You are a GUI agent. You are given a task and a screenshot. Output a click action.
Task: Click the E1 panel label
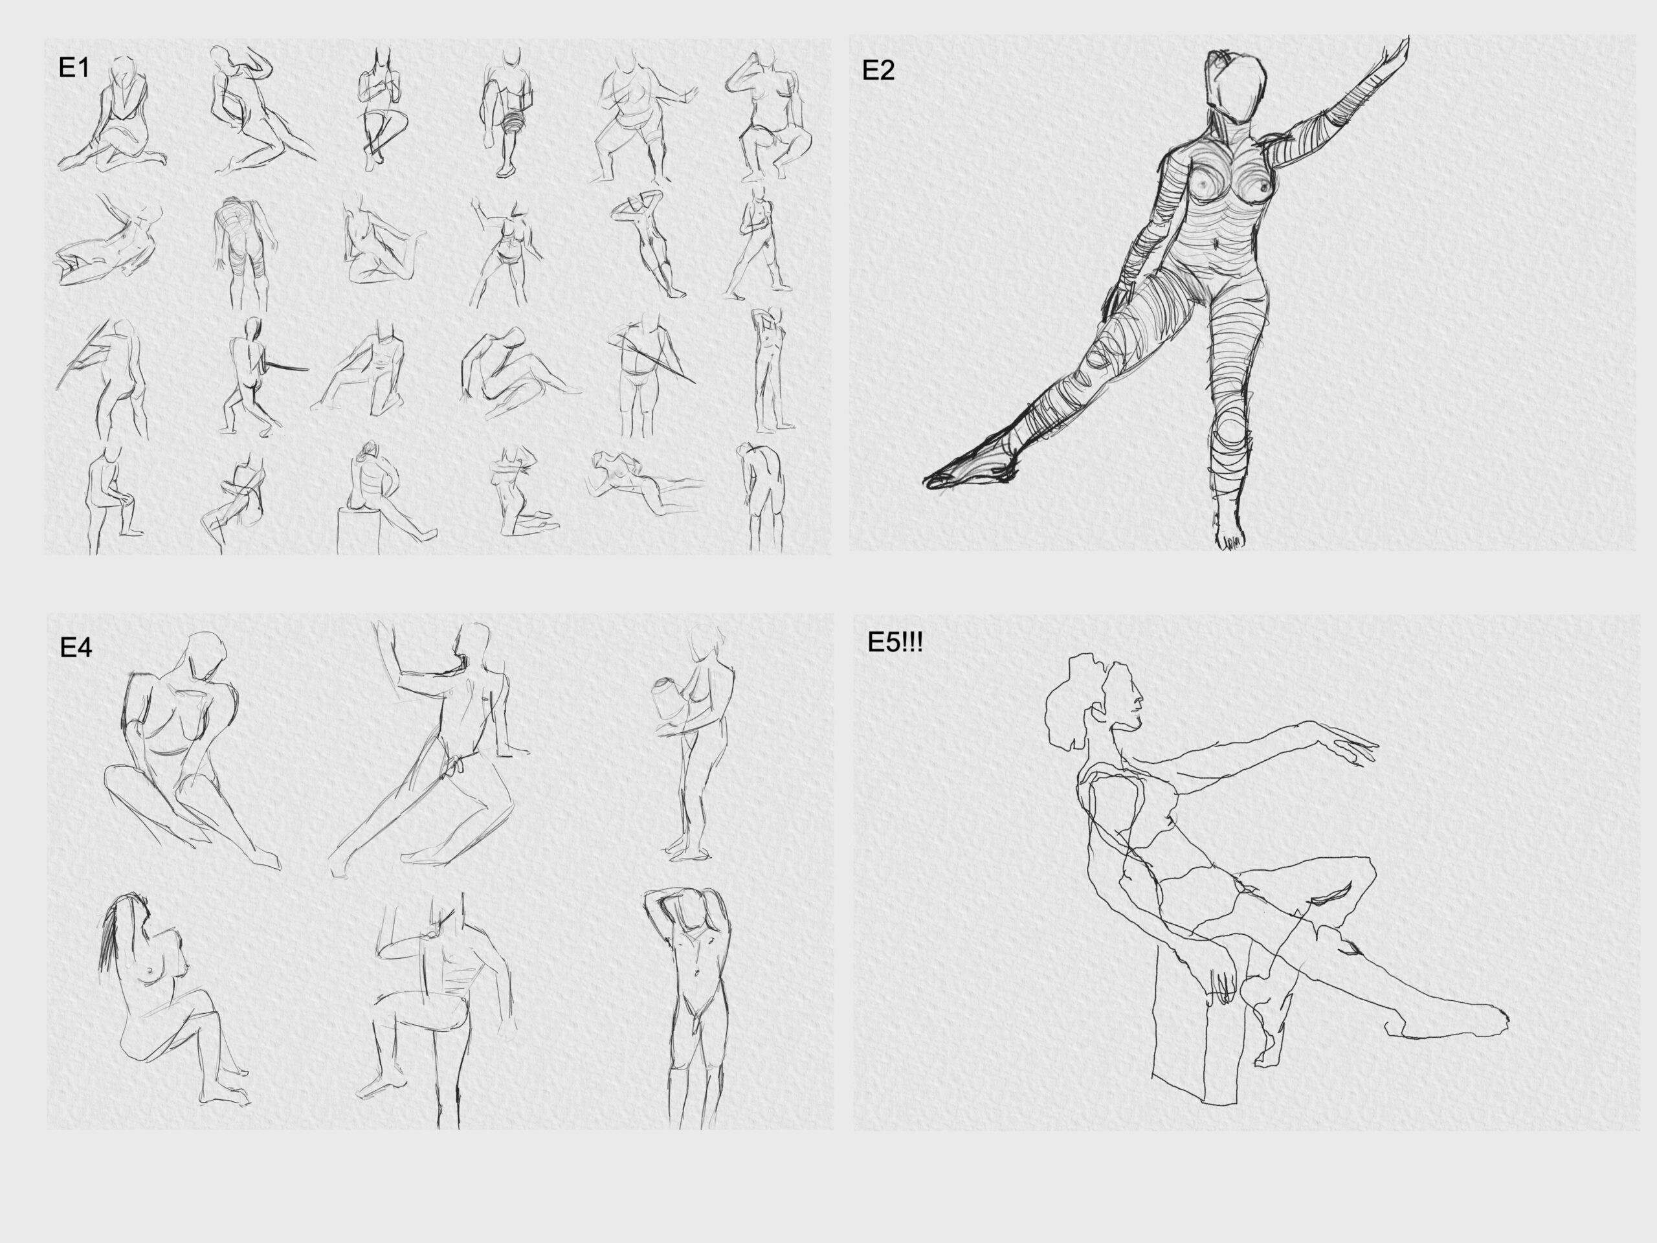73,68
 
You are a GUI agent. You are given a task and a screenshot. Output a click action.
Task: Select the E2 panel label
878,71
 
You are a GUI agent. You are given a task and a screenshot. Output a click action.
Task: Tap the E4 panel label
76,647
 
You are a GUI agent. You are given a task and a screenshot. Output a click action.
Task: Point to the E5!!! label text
895,643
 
